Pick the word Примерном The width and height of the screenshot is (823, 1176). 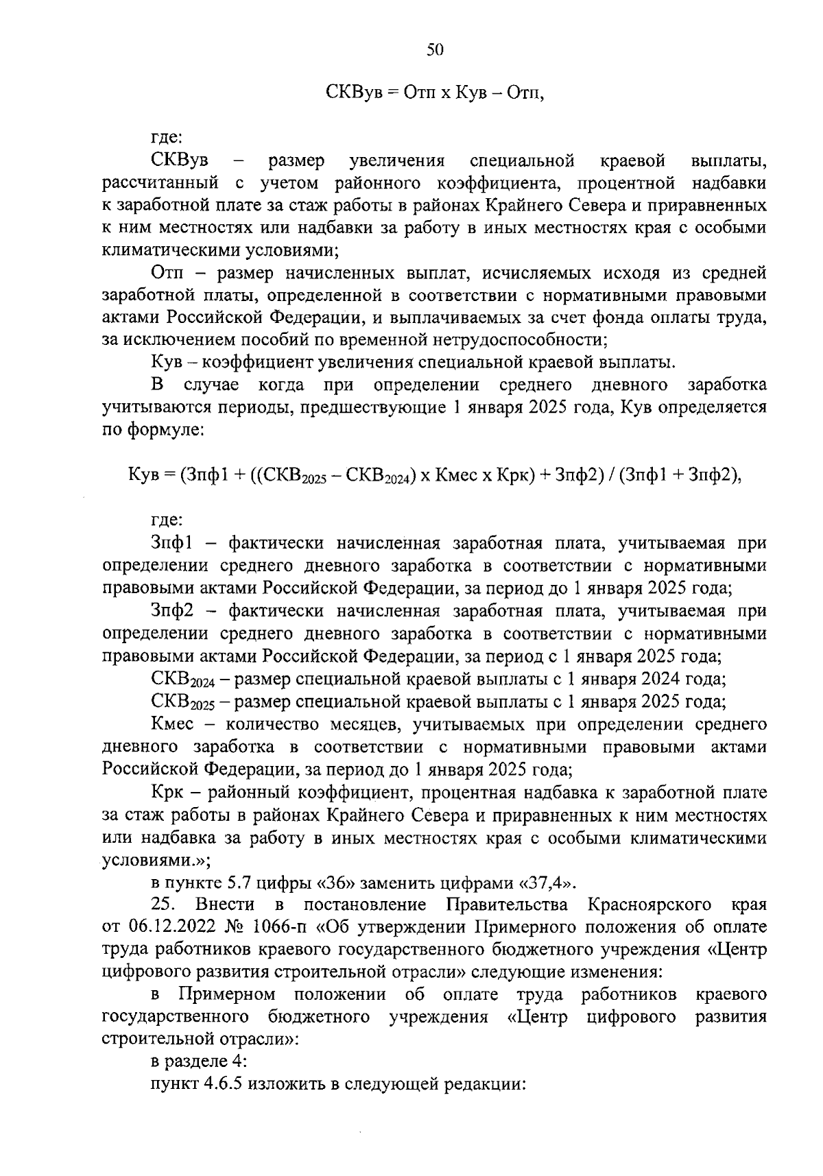tap(227, 994)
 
